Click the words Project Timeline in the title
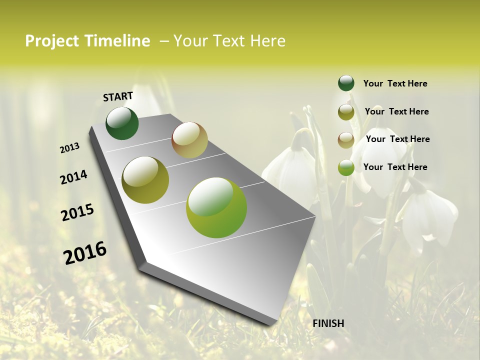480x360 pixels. pyautogui.click(x=87, y=41)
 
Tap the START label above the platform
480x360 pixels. pyautogui.click(x=118, y=96)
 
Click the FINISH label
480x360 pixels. pyautogui.click(x=328, y=323)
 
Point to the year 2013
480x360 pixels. pyautogui.click(x=69, y=148)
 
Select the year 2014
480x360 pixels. pyautogui.click(x=73, y=177)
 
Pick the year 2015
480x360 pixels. pyautogui.click(x=77, y=212)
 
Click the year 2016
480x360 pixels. pyautogui.click(x=85, y=253)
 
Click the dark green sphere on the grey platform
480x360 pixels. pyautogui.click(x=122, y=123)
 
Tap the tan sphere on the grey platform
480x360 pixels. pyautogui.click(x=189, y=140)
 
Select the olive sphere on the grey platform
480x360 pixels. pyautogui.click(x=145, y=180)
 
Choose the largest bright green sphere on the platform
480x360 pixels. pyautogui.click(x=216, y=207)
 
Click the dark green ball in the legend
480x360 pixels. pyautogui.click(x=346, y=83)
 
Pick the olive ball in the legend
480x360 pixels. pyautogui.click(x=346, y=112)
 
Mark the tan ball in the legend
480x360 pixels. pyautogui.click(x=346, y=140)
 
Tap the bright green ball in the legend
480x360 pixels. pyautogui.click(x=346, y=167)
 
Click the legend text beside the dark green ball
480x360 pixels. pyautogui.click(x=395, y=83)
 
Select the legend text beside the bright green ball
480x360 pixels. pyautogui.click(x=395, y=167)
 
